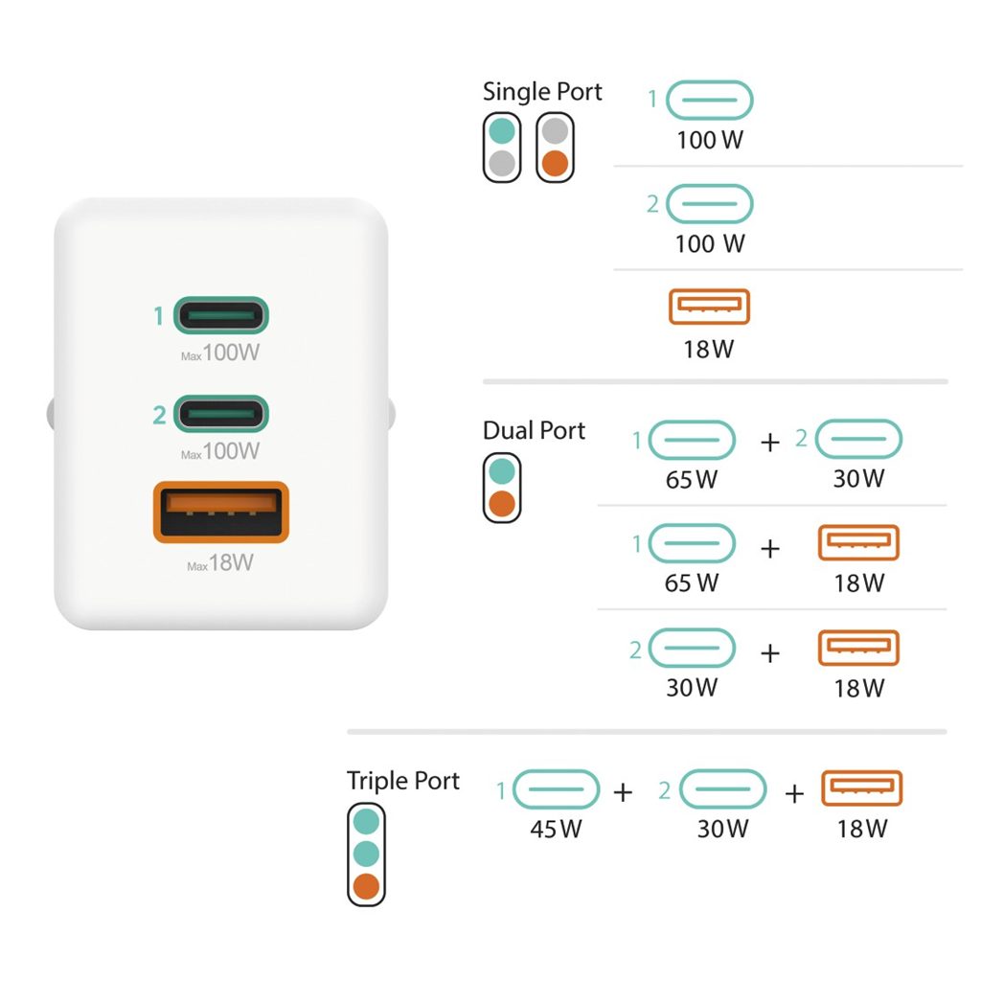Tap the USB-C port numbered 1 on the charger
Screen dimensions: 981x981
220,314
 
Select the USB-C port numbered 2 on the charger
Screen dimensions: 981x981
220,414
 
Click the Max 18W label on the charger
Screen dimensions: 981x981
220,563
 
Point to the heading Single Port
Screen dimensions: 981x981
542,92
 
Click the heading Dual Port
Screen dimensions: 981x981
534,431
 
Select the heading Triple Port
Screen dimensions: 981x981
403,781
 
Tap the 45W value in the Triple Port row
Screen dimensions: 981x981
556,829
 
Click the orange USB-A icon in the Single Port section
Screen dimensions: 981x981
709,307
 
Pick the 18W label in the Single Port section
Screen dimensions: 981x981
709,349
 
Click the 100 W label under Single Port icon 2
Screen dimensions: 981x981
709,244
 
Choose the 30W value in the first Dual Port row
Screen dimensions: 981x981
858,478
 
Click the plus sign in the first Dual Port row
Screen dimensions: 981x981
770,443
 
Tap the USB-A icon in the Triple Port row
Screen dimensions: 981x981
862,788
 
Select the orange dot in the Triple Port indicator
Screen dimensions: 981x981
366,886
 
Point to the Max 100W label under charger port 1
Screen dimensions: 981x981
220,354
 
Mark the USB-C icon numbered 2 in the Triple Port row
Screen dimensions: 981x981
722,790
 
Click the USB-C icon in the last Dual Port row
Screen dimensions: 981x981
692,649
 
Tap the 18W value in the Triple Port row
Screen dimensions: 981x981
862,829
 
